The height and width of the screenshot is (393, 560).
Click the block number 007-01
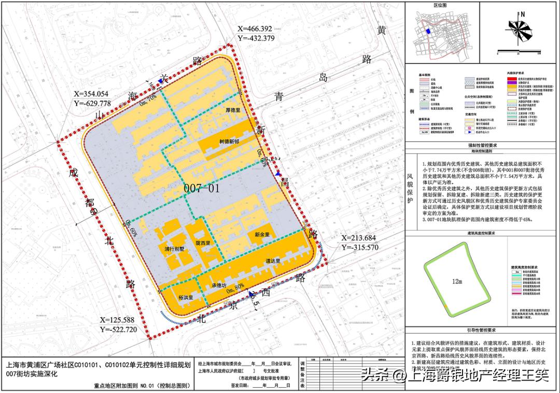coord(202,189)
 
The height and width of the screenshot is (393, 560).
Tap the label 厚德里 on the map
coord(234,110)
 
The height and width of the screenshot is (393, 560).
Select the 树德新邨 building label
coord(229,142)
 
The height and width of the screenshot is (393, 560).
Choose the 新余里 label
coord(262,235)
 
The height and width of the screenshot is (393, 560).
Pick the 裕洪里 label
coord(185,298)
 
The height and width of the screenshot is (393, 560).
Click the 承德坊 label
coord(219,286)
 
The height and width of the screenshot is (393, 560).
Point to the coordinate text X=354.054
coord(91,94)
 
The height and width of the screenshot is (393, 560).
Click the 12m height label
coord(456,282)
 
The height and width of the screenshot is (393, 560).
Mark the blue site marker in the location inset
coord(428,32)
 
